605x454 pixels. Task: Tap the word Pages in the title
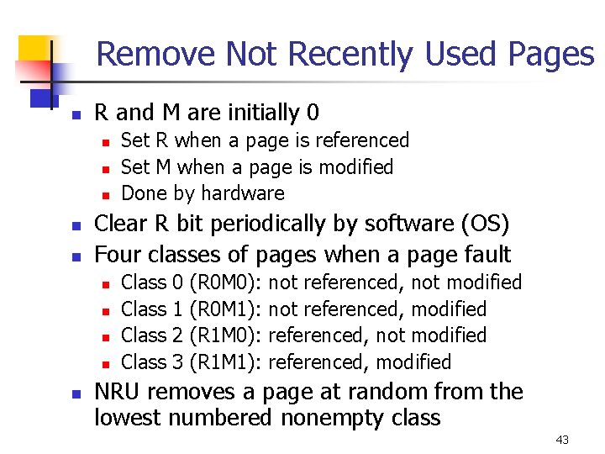[x=550, y=55]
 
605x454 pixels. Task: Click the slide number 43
[x=562, y=440]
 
